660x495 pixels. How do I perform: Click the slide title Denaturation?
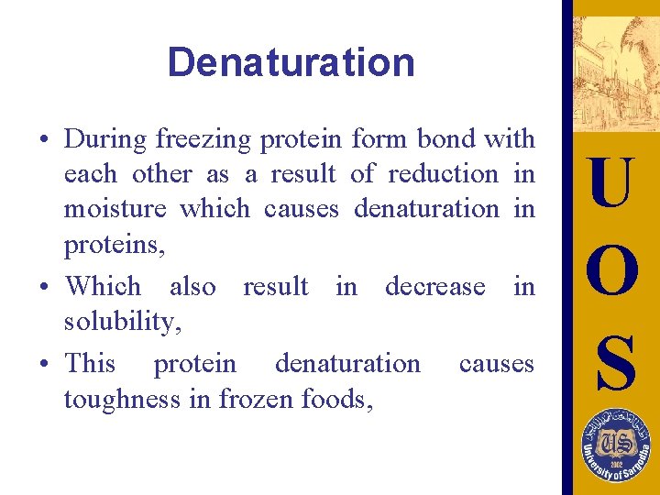291,62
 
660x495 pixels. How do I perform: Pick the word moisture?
115,208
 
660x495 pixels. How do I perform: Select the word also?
192,286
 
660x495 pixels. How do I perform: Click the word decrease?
434,286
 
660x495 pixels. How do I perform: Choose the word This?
90,363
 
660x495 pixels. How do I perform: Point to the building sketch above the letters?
610,73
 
